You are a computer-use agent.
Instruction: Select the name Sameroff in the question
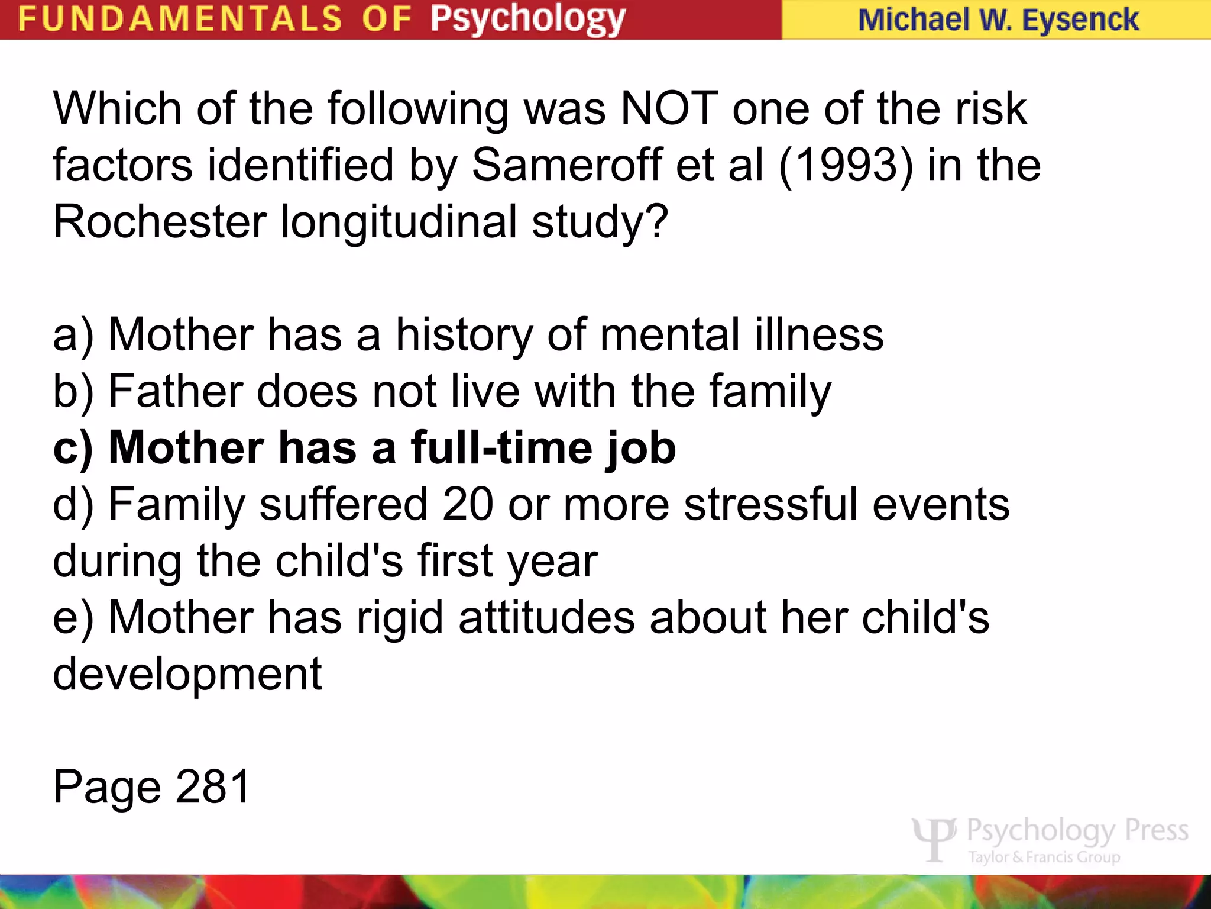566,165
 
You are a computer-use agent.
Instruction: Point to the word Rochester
160,222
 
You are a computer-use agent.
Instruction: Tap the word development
187,675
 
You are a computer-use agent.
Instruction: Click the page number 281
213,787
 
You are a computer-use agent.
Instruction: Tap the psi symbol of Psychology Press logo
934,838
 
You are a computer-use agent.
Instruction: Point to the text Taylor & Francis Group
1044,857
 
